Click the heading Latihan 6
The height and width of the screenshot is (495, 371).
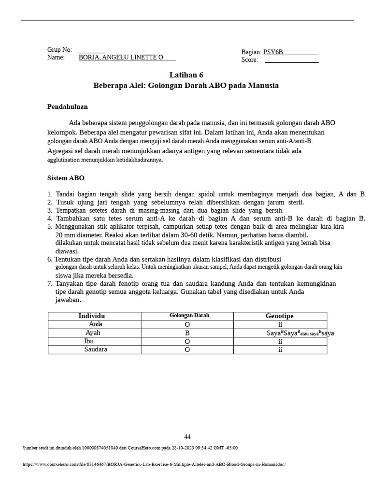[x=186, y=75]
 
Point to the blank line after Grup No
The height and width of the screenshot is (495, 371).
[x=91, y=50]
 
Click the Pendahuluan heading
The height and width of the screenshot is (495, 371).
[x=67, y=107]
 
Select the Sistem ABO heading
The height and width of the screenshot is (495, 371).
[x=66, y=178]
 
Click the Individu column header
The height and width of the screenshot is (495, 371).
[x=91, y=316]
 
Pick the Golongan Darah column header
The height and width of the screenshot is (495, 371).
[x=189, y=316]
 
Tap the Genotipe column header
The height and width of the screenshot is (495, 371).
[x=279, y=316]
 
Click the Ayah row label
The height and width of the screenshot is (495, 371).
[x=93, y=333]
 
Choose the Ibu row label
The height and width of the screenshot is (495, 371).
[x=89, y=341]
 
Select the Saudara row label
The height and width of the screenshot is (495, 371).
[x=96, y=349]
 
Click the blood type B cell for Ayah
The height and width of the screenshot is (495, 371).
[x=187, y=334]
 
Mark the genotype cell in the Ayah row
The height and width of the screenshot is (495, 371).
[x=300, y=334]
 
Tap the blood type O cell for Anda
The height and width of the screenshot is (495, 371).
[x=187, y=325]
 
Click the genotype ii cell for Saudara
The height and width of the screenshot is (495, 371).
[x=280, y=350]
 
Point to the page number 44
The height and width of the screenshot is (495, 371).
[x=187, y=437]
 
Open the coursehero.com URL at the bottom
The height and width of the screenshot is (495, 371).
[x=154, y=465]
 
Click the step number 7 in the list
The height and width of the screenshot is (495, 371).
[x=50, y=284]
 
